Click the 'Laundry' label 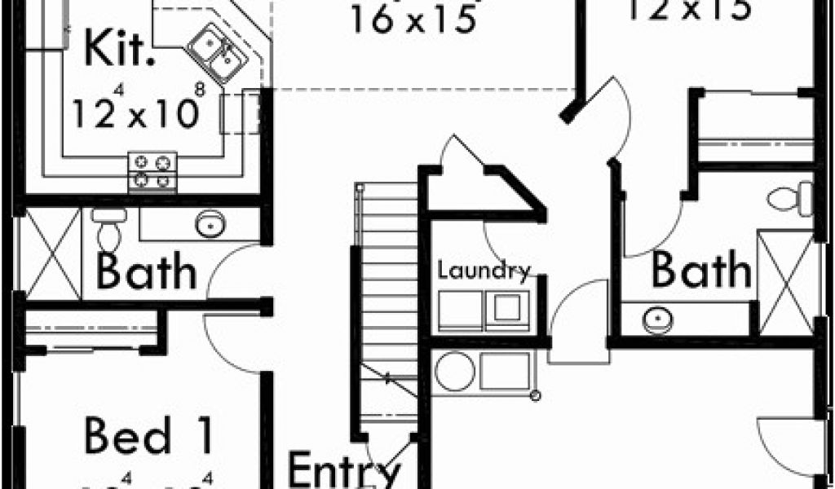pyautogui.click(x=484, y=271)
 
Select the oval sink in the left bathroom pyautogui.click(x=210, y=222)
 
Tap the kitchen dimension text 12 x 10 pyautogui.click(x=135, y=112)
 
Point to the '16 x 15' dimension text pyautogui.click(x=413, y=19)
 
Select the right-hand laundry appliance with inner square pyautogui.click(x=508, y=308)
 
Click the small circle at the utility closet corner pyautogui.click(x=536, y=396)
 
